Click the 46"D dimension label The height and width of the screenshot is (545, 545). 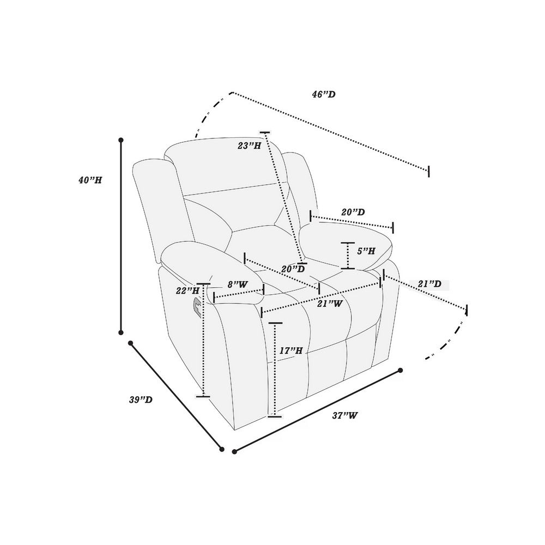point(323,94)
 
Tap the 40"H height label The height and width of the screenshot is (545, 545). point(90,180)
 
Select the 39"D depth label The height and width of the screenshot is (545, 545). point(141,399)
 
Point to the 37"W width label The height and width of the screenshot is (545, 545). point(345,415)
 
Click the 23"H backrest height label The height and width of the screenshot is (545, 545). point(249,146)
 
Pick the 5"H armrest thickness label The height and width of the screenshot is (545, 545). point(366,251)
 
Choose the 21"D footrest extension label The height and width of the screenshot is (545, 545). point(429,284)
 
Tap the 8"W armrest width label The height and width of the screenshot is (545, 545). point(238,284)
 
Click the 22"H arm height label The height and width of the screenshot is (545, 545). point(187,290)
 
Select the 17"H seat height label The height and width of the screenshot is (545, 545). point(291,350)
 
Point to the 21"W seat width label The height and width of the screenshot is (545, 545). point(330,304)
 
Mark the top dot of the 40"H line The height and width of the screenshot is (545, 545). point(121,140)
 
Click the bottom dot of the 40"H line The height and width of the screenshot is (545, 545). point(121,332)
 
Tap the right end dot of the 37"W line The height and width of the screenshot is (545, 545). point(401,371)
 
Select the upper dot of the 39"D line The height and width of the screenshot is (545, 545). point(131,343)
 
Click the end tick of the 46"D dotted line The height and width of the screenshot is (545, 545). point(429,171)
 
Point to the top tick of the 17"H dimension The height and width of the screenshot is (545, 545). point(275,323)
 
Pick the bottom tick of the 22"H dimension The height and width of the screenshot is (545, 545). point(203,396)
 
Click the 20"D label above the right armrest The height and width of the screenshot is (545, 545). point(353,212)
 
